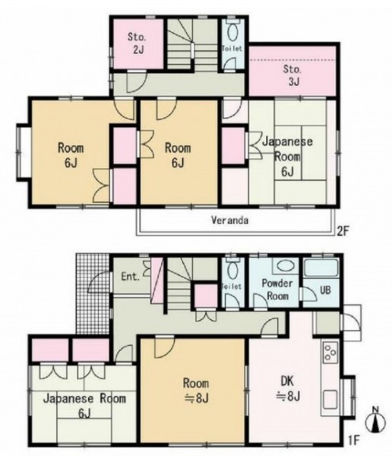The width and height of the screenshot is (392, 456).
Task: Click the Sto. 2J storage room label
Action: [x=138, y=43]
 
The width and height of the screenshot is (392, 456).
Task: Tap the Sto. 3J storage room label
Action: [x=293, y=75]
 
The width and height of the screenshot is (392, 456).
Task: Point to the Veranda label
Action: [x=229, y=220]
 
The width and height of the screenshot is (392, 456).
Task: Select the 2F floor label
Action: [x=343, y=232]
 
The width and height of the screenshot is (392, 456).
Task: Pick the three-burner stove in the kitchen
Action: [x=330, y=352]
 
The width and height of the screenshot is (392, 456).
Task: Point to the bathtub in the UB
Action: [x=321, y=268]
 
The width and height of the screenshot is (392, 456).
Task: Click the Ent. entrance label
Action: [x=131, y=277]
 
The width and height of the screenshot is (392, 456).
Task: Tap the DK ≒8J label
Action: [x=288, y=388]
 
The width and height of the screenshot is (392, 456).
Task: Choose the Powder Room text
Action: [x=277, y=290]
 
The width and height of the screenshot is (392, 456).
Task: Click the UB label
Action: [x=325, y=290]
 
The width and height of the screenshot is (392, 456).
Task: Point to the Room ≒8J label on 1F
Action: [x=196, y=391]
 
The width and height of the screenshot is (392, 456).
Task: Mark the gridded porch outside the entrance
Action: [x=93, y=293]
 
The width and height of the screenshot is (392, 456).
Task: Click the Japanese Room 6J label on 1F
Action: [x=84, y=406]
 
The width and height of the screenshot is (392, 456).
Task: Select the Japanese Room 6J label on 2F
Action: [x=287, y=157]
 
